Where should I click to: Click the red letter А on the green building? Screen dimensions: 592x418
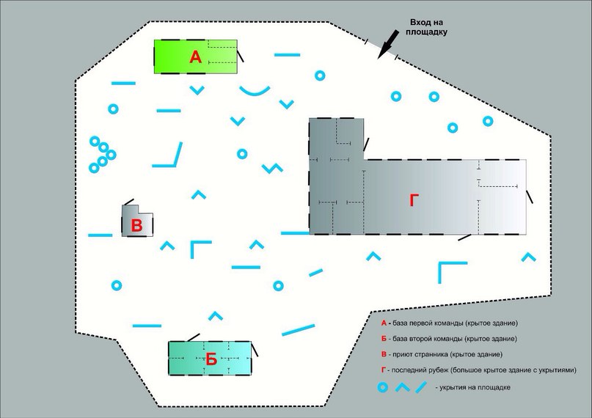tap(196, 57)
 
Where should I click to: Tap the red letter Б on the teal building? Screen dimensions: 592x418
tap(211, 359)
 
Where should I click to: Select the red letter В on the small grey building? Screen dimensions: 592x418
tap(136, 226)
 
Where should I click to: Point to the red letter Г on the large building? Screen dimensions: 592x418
tap(414, 201)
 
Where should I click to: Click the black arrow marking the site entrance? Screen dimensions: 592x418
tap(388, 45)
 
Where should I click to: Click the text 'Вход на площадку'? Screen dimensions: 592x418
tap(427, 27)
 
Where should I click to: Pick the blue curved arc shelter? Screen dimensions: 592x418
tap(255, 90)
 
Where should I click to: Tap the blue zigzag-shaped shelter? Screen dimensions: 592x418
tap(272, 168)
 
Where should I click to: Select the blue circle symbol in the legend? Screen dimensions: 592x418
tap(383, 387)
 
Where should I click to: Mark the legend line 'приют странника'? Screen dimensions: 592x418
tap(442, 354)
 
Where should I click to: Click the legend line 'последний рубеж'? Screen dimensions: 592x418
tap(479, 370)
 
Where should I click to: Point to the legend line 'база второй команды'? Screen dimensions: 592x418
tap(449, 339)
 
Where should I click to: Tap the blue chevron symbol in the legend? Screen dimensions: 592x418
tap(403, 387)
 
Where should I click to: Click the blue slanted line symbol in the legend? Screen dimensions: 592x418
tap(421, 387)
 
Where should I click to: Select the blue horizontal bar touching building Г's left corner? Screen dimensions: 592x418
tap(295, 233)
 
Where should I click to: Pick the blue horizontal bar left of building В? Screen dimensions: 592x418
tap(100, 235)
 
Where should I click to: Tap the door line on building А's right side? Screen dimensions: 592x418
tap(240, 56)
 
